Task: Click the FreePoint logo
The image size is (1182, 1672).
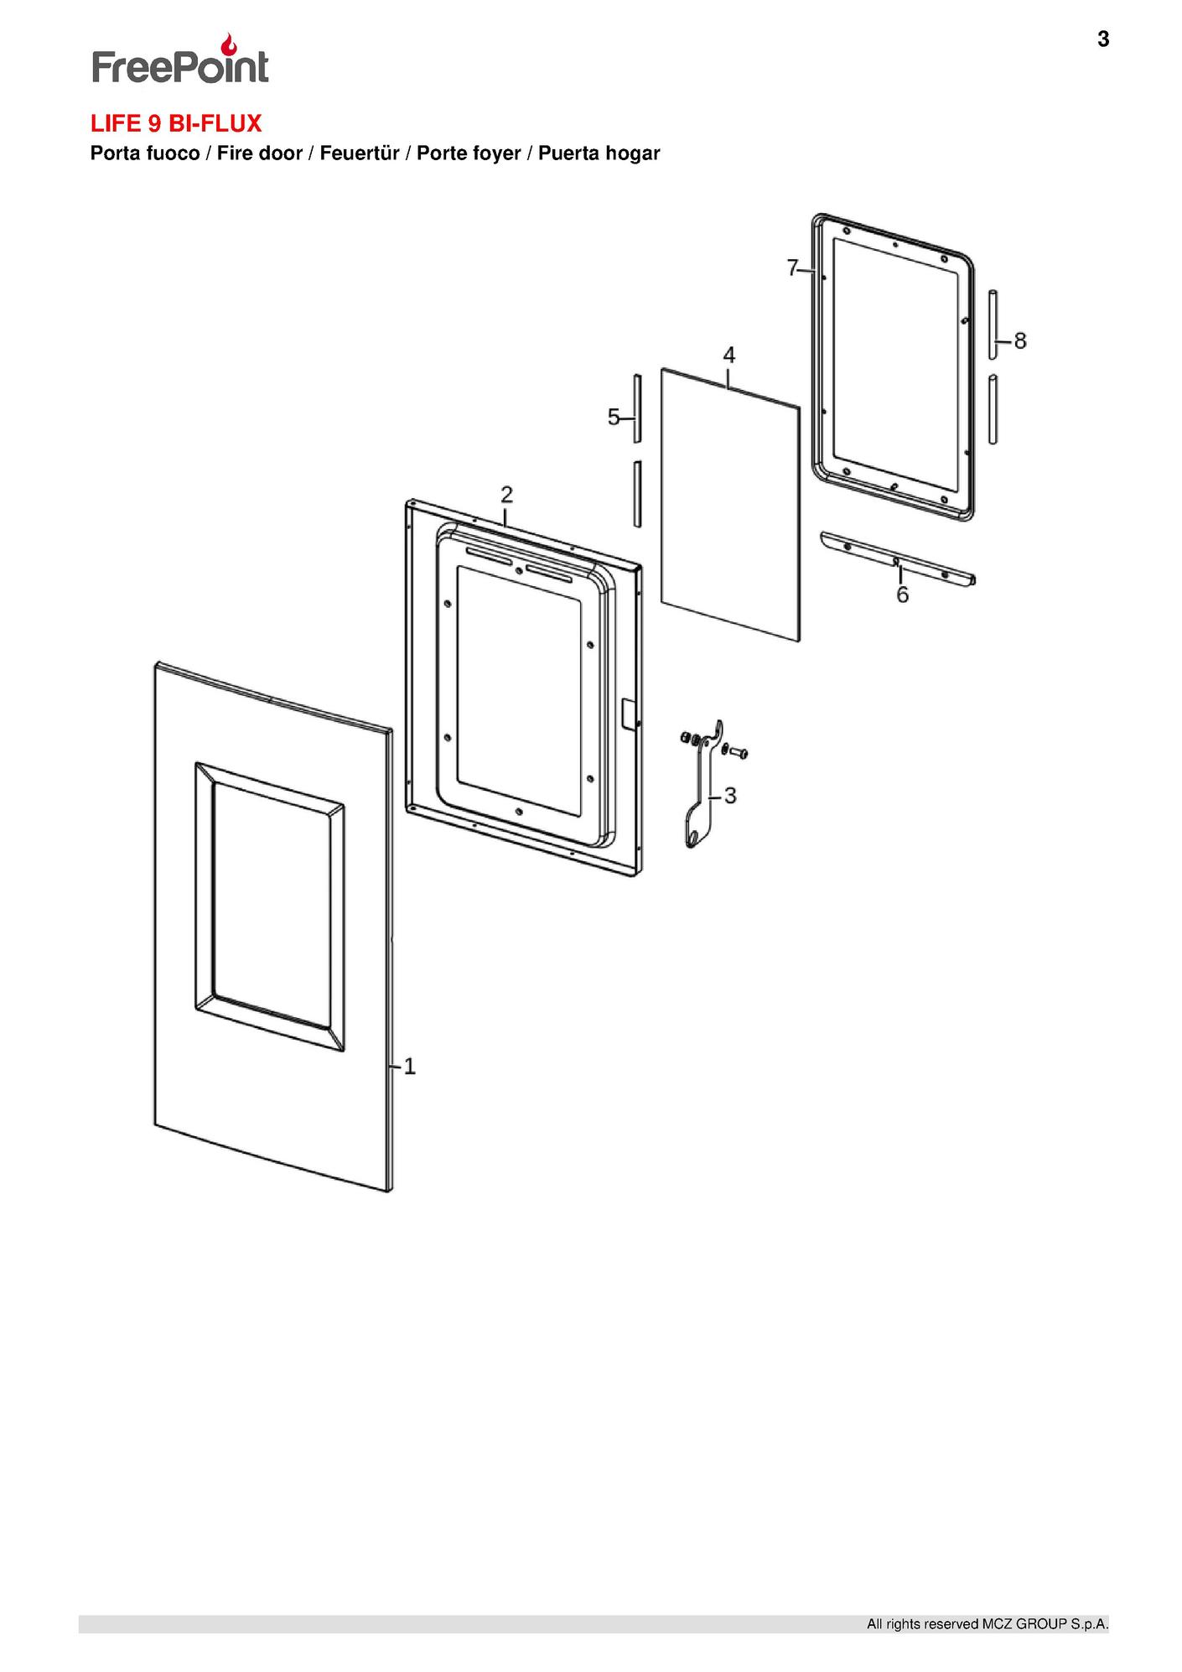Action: pos(180,60)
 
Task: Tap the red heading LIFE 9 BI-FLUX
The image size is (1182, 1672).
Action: pos(176,124)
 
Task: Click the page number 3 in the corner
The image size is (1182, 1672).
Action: pos(1102,39)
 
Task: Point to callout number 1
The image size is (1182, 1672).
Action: pos(410,1067)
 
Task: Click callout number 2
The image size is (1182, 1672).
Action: pos(506,493)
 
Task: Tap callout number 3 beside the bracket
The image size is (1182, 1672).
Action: pos(730,795)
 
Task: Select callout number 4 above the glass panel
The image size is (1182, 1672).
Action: pos(729,355)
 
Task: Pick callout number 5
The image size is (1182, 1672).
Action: pos(614,417)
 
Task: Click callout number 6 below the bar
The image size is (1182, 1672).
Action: pos(902,595)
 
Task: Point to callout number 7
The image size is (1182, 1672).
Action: pos(792,268)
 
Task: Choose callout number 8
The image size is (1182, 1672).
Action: pos(1019,340)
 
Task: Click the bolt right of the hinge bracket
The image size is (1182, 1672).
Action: pos(738,753)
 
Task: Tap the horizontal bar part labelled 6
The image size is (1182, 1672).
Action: pos(897,559)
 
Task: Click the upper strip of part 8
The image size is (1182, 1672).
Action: pos(993,323)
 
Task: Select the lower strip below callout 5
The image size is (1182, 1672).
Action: pos(638,493)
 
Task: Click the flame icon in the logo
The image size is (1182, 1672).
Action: pos(228,44)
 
